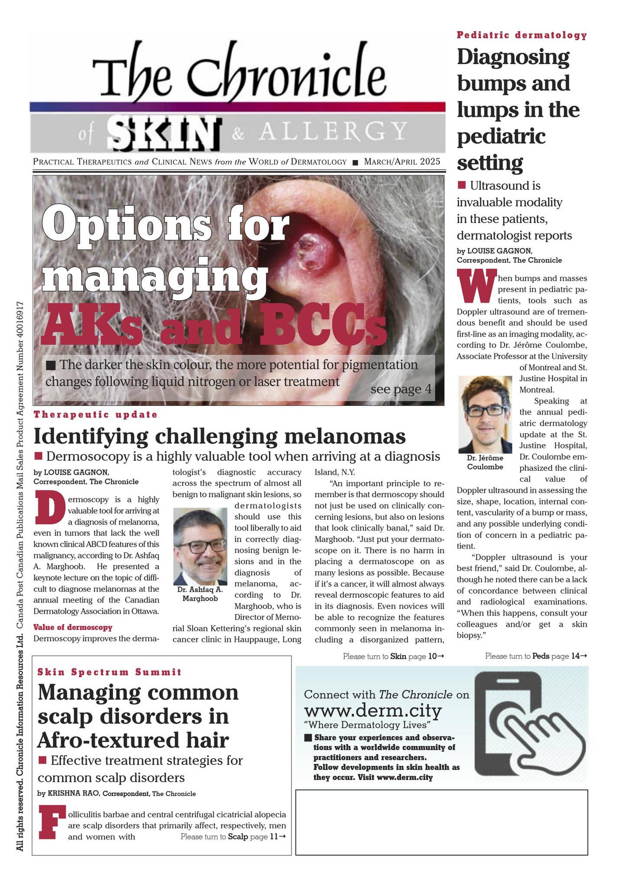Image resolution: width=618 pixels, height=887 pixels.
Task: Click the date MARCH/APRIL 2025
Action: click(402, 162)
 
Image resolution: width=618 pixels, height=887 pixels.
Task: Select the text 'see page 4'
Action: click(401, 389)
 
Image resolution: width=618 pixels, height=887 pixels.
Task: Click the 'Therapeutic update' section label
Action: click(96, 414)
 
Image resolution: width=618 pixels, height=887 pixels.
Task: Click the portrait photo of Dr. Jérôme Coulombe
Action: click(485, 414)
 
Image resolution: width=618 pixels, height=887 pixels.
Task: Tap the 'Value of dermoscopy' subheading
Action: click(73, 627)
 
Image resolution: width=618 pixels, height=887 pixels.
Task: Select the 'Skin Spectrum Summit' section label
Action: click(110, 672)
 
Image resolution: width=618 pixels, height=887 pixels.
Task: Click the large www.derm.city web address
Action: click(373, 710)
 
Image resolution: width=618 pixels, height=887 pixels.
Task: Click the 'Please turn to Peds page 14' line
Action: click(536, 656)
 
